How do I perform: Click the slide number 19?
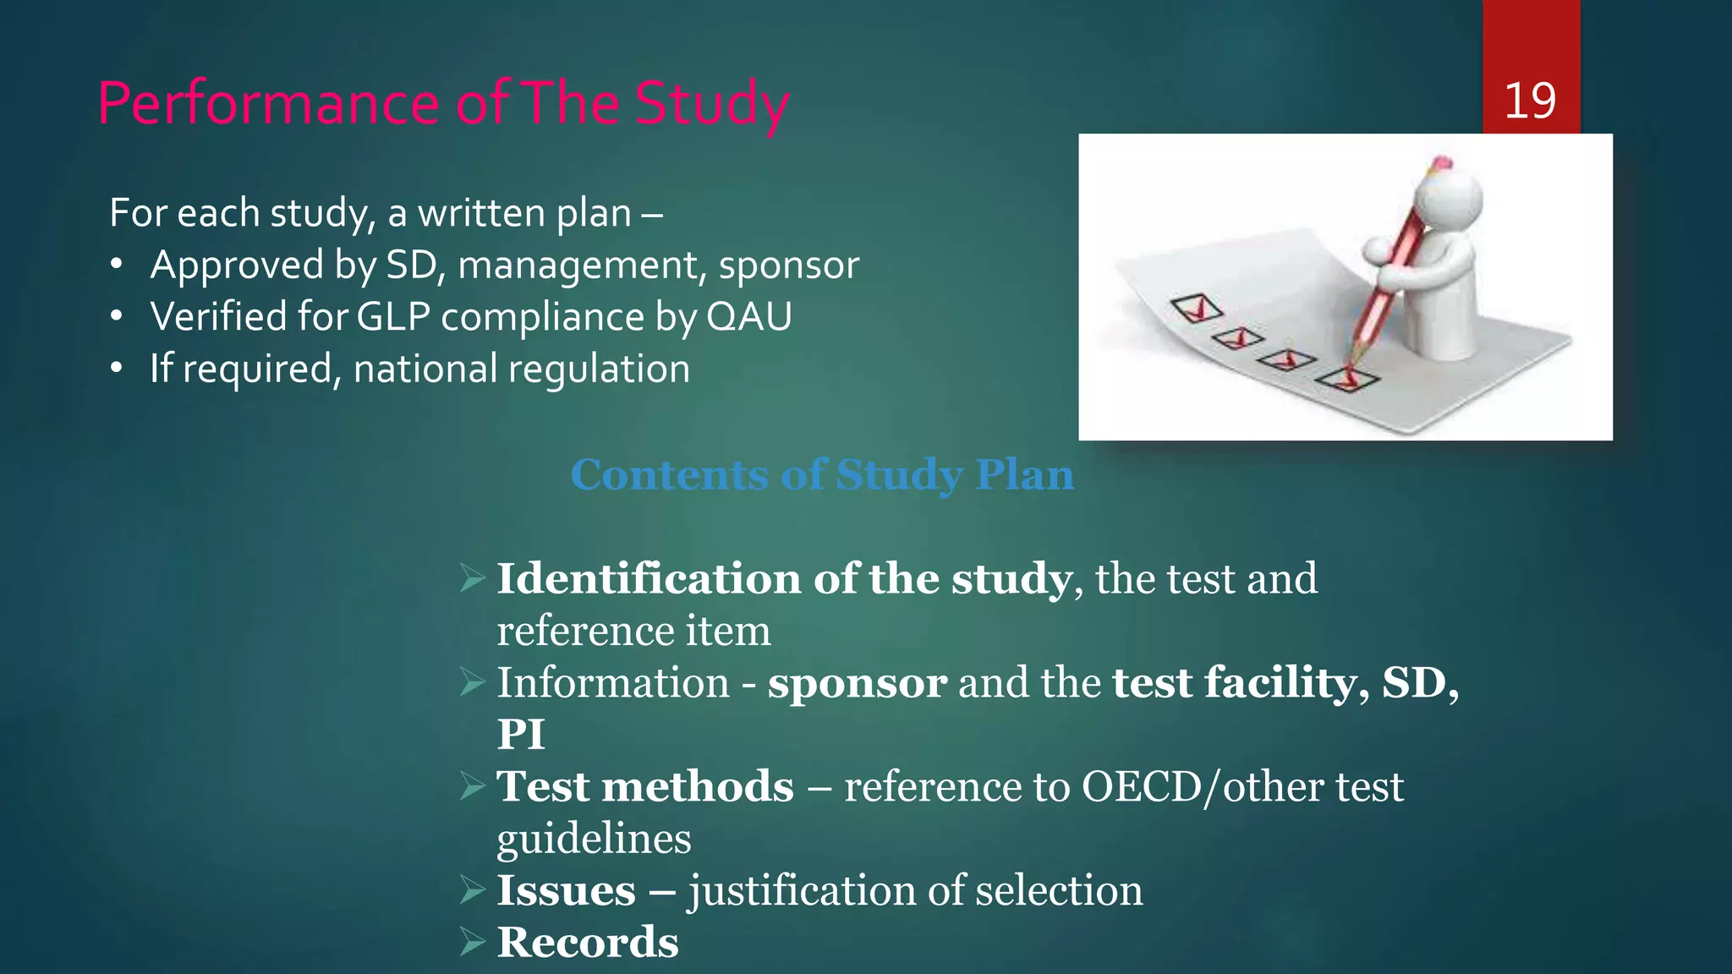(1529, 101)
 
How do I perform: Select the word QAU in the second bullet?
(748, 317)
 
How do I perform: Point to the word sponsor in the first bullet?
(788, 265)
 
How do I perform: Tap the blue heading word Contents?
(669, 475)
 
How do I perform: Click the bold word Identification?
(647, 579)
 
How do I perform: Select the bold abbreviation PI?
(520, 734)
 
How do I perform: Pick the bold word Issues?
(566, 891)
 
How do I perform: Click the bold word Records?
(588, 943)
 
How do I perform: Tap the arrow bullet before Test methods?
(472, 786)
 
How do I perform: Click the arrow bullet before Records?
(472, 942)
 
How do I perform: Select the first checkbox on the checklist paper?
(1196, 309)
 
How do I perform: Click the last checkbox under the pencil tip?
(1346, 378)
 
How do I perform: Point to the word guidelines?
(594, 840)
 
